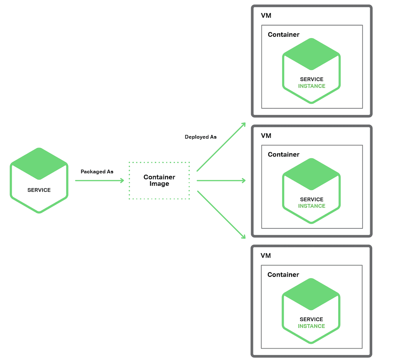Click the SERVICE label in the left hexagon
39,190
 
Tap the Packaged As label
97,172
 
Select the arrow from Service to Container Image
99,181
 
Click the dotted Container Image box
159,181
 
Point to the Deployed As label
200,137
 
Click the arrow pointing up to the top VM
221,147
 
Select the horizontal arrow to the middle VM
221,181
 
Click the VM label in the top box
266,16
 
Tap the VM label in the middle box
266,136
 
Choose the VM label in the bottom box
266,256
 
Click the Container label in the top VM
284,35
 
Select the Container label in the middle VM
284,155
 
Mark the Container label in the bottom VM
283,275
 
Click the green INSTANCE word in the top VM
312,86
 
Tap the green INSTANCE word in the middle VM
312,206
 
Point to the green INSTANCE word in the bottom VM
311,326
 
